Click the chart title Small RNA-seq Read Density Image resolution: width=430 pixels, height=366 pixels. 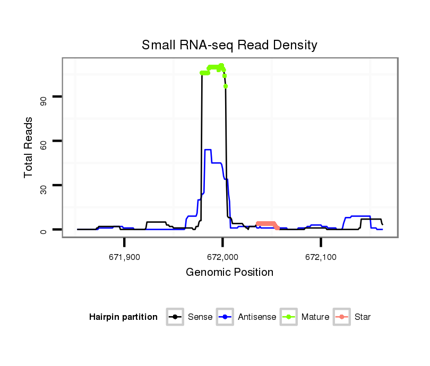229,45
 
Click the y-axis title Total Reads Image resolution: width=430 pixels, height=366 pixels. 29,147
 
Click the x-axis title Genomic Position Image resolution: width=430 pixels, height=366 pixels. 229,273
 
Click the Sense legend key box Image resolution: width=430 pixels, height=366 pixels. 175,317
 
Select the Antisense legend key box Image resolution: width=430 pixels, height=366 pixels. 226,317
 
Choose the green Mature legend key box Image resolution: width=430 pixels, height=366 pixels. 289,317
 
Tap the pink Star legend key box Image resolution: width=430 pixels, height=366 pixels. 342,317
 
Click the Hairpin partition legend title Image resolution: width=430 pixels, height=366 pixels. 123,317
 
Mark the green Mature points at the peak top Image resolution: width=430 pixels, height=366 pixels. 213,67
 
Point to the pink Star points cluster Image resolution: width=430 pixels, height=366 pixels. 266,223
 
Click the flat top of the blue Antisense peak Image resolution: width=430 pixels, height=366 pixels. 208,150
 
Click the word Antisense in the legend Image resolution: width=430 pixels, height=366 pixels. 257,317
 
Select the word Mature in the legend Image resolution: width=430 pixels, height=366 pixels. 315,317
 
